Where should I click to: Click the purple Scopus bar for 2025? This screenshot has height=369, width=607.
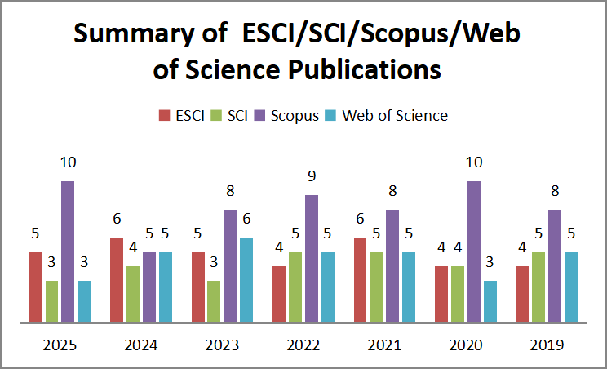pyautogui.click(x=68, y=251)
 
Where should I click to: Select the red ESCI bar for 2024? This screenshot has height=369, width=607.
pyautogui.click(x=117, y=280)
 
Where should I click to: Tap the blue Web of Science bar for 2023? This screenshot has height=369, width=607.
pyautogui.click(x=246, y=280)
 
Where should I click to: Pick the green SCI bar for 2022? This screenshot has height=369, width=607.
pyautogui.click(x=295, y=287)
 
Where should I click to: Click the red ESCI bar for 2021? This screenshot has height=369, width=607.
pyautogui.click(x=360, y=280)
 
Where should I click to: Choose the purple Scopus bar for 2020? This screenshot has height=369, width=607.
pyautogui.click(x=474, y=251)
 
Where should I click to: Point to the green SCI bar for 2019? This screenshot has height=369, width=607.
pyautogui.click(x=538, y=287)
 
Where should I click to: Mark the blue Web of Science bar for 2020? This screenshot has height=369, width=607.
pyautogui.click(x=490, y=302)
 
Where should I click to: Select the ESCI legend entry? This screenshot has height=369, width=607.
pyautogui.click(x=184, y=115)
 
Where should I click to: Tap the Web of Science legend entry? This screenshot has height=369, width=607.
pyautogui.click(x=395, y=115)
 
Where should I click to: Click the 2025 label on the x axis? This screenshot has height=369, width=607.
pyautogui.click(x=60, y=345)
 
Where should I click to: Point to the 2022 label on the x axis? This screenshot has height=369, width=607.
pyautogui.click(x=303, y=345)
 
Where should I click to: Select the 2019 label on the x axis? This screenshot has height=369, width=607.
pyautogui.click(x=547, y=345)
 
